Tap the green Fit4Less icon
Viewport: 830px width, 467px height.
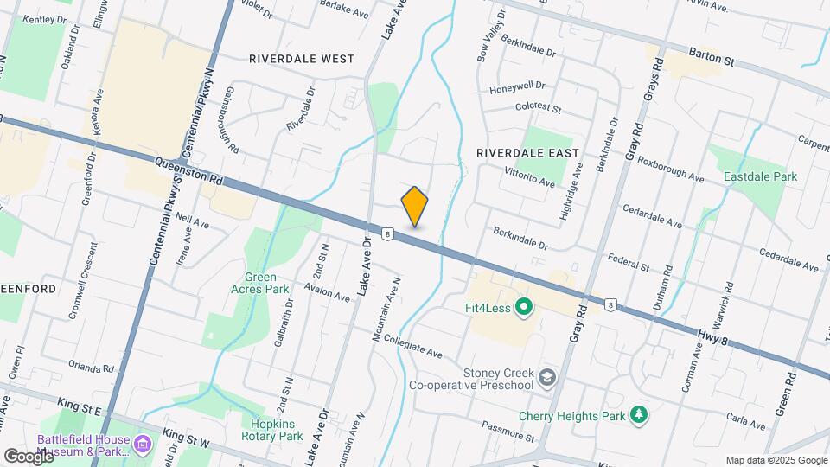(x=523, y=306)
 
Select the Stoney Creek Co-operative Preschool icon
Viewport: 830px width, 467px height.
(x=546, y=378)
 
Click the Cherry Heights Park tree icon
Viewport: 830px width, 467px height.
(x=639, y=415)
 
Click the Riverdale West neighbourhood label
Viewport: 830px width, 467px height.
(x=301, y=59)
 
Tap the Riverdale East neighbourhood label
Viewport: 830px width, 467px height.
(x=527, y=152)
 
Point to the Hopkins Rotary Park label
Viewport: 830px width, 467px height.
(x=277, y=430)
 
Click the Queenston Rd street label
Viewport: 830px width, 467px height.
(x=190, y=171)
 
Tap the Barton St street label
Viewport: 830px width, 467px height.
(x=712, y=56)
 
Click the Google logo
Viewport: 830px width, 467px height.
(x=29, y=456)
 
